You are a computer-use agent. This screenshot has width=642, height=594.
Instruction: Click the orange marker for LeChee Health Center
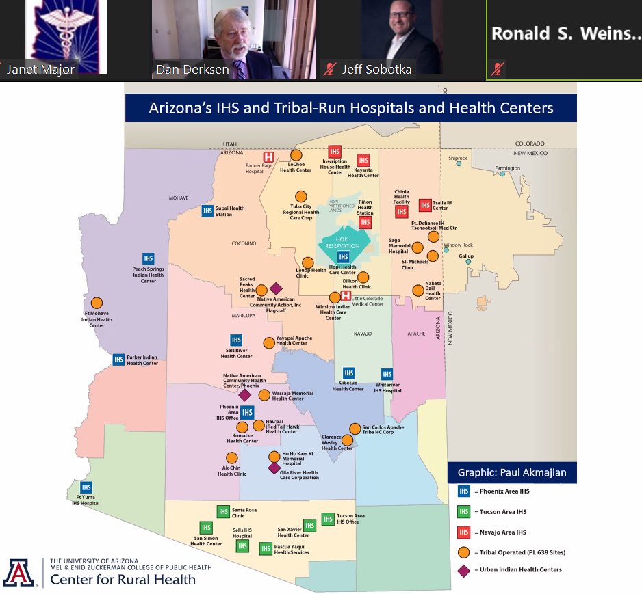(x=296, y=155)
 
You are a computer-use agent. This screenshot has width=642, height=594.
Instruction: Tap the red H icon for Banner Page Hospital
(x=269, y=157)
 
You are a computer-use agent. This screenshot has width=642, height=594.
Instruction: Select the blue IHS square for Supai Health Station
(x=207, y=211)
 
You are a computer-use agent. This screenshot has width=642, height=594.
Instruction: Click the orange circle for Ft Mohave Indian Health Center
(x=97, y=302)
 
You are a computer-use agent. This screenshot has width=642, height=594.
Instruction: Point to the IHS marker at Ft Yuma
(x=86, y=486)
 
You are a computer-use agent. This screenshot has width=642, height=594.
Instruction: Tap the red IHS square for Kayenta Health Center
(x=363, y=161)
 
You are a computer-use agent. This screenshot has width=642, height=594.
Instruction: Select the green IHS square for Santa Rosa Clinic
(x=222, y=511)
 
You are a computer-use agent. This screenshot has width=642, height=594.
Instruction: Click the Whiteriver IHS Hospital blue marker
(x=387, y=374)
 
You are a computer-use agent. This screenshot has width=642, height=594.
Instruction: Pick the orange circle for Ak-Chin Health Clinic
(x=231, y=458)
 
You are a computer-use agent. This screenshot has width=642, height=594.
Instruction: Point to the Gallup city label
(x=465, y=256)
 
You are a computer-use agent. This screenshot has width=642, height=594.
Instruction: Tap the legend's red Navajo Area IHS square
(x=464, y=532)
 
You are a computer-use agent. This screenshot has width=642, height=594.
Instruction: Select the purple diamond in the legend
(x=464, y=570)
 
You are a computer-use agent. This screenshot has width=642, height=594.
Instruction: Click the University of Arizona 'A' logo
(x=19, y=573)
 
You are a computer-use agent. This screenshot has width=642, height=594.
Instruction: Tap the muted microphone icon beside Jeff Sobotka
(x=330, y=69)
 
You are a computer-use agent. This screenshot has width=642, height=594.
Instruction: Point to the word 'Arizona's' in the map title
(x=180, y=108)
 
